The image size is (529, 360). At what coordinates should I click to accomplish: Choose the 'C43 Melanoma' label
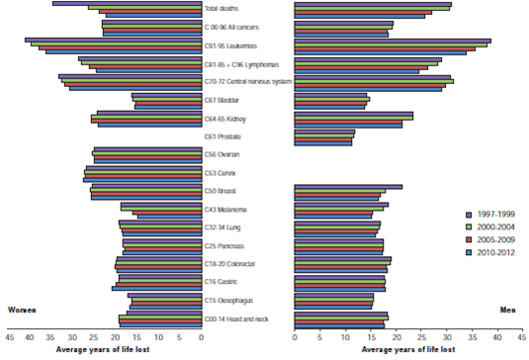(224, 209)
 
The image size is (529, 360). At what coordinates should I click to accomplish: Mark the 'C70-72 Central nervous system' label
(248, 82)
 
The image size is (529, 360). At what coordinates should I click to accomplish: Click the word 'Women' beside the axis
(23, 310)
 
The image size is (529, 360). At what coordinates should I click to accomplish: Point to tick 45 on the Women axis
(9, 337)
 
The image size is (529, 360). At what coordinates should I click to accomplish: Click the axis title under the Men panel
(408, 349)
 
